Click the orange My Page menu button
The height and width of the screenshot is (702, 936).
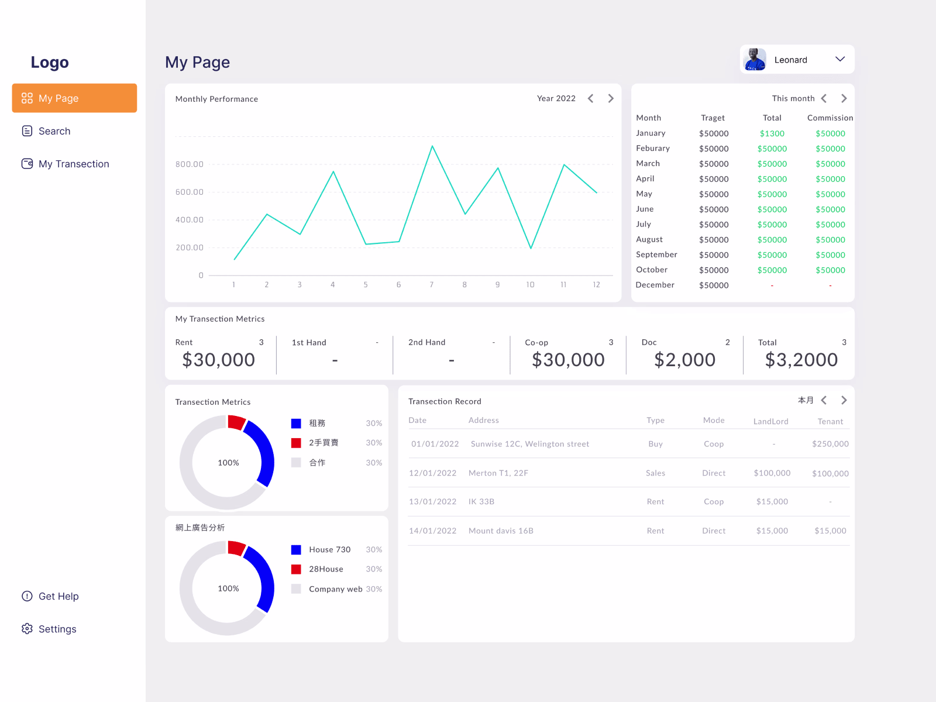74,98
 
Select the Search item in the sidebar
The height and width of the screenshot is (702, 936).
54,131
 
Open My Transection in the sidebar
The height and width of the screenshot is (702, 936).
73,164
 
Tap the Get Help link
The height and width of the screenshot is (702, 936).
58,596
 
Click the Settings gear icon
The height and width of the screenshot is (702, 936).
27,629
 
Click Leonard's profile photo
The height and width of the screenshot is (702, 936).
755,60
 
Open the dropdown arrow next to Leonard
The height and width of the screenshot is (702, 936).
840,59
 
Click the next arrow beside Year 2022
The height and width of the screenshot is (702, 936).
610,98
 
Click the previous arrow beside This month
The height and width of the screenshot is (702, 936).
824,98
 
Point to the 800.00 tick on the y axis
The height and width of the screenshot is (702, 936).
190,164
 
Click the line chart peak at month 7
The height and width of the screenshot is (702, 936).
432,146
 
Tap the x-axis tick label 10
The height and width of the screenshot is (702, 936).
530,285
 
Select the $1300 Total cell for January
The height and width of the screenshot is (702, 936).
772,133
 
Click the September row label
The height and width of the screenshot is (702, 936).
656,254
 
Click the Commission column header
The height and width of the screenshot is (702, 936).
830,118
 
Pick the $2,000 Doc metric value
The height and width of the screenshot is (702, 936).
684,360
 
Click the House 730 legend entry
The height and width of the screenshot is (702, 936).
329,549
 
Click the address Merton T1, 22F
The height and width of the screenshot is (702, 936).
498,473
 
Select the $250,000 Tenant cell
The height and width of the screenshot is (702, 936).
830,444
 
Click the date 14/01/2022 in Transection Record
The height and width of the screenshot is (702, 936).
432,531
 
